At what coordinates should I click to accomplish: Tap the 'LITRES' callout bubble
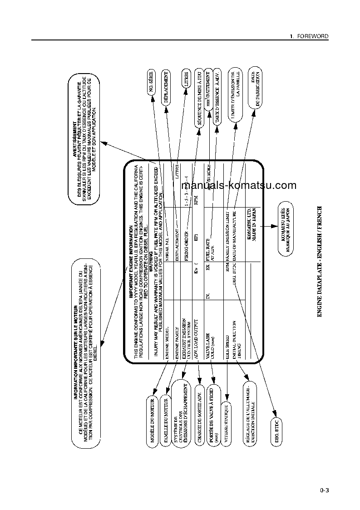click(185, 81)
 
